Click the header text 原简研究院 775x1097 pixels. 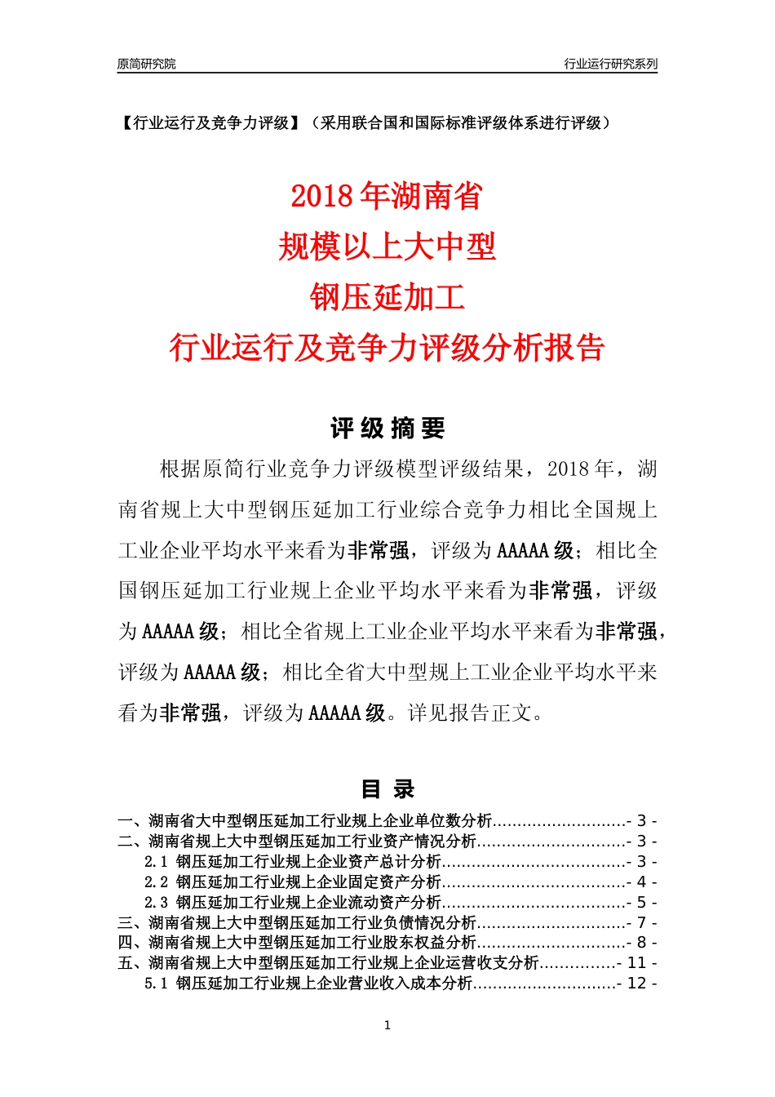pyautogui.click(x=146, y=64)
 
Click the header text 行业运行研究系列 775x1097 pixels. pyautogui.click(x=610, y=64)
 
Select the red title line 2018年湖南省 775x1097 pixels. pyautogui.click(x=387, y=196)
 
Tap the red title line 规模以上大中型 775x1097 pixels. pyautogui.click(x=387, y=246)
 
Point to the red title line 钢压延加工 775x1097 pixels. pyautogui.click(x=387, y=297)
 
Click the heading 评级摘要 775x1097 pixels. pyautogui.click(x=387, y=428)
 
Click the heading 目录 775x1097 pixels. pyautogui.click(x=387, y=789)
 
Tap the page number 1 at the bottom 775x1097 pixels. pyautogui.click(x=387, y=1025)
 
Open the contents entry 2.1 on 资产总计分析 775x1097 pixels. pyautogui.click(x=294, y=862)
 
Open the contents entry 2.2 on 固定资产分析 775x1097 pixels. pyautogui.click(x=294, y=882)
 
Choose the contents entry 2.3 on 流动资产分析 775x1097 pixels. pyautogui.click(x=294, y=903)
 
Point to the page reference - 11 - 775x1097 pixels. pyautogui.click(x=637, y=963)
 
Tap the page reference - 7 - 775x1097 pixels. pyautogui.click(x=641, y=923)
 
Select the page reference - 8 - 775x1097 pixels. pyautogui.click(x=641, y=944)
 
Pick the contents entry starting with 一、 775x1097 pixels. pyautogui.click(x=305, y=821)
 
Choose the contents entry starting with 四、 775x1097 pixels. pyautogui.click(x=297, y=944)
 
